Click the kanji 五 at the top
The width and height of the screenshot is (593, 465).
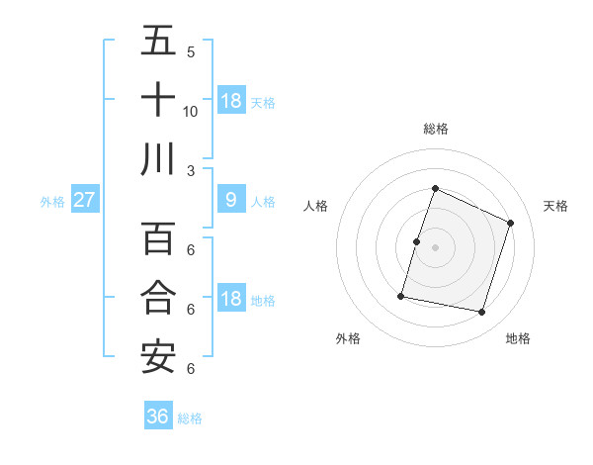click(158, 41)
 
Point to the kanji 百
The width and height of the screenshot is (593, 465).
click(158, 238)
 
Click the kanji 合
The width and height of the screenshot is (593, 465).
click(158, 298)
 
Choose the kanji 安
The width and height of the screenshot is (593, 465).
click(158, 357)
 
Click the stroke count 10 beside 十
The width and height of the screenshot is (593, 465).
click(191, 111)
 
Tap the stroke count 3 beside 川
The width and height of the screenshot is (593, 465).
click(191, 170)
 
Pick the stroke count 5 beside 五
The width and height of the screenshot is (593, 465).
click(191, 52)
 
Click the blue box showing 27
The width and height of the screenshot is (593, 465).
click(84, 200)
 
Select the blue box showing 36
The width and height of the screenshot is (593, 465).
click(158, 417)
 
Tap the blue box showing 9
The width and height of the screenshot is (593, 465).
click(230, 200)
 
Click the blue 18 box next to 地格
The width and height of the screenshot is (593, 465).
click(230, 299)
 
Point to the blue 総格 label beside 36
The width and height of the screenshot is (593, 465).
click(190, 418)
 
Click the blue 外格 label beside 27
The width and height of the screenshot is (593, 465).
click(52, 202)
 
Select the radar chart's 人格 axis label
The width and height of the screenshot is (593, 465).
click(315, 206)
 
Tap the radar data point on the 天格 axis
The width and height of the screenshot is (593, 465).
click(511, 223)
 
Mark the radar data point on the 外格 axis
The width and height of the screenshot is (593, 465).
click(401, 295)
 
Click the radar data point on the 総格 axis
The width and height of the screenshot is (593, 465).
click(435, 189)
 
